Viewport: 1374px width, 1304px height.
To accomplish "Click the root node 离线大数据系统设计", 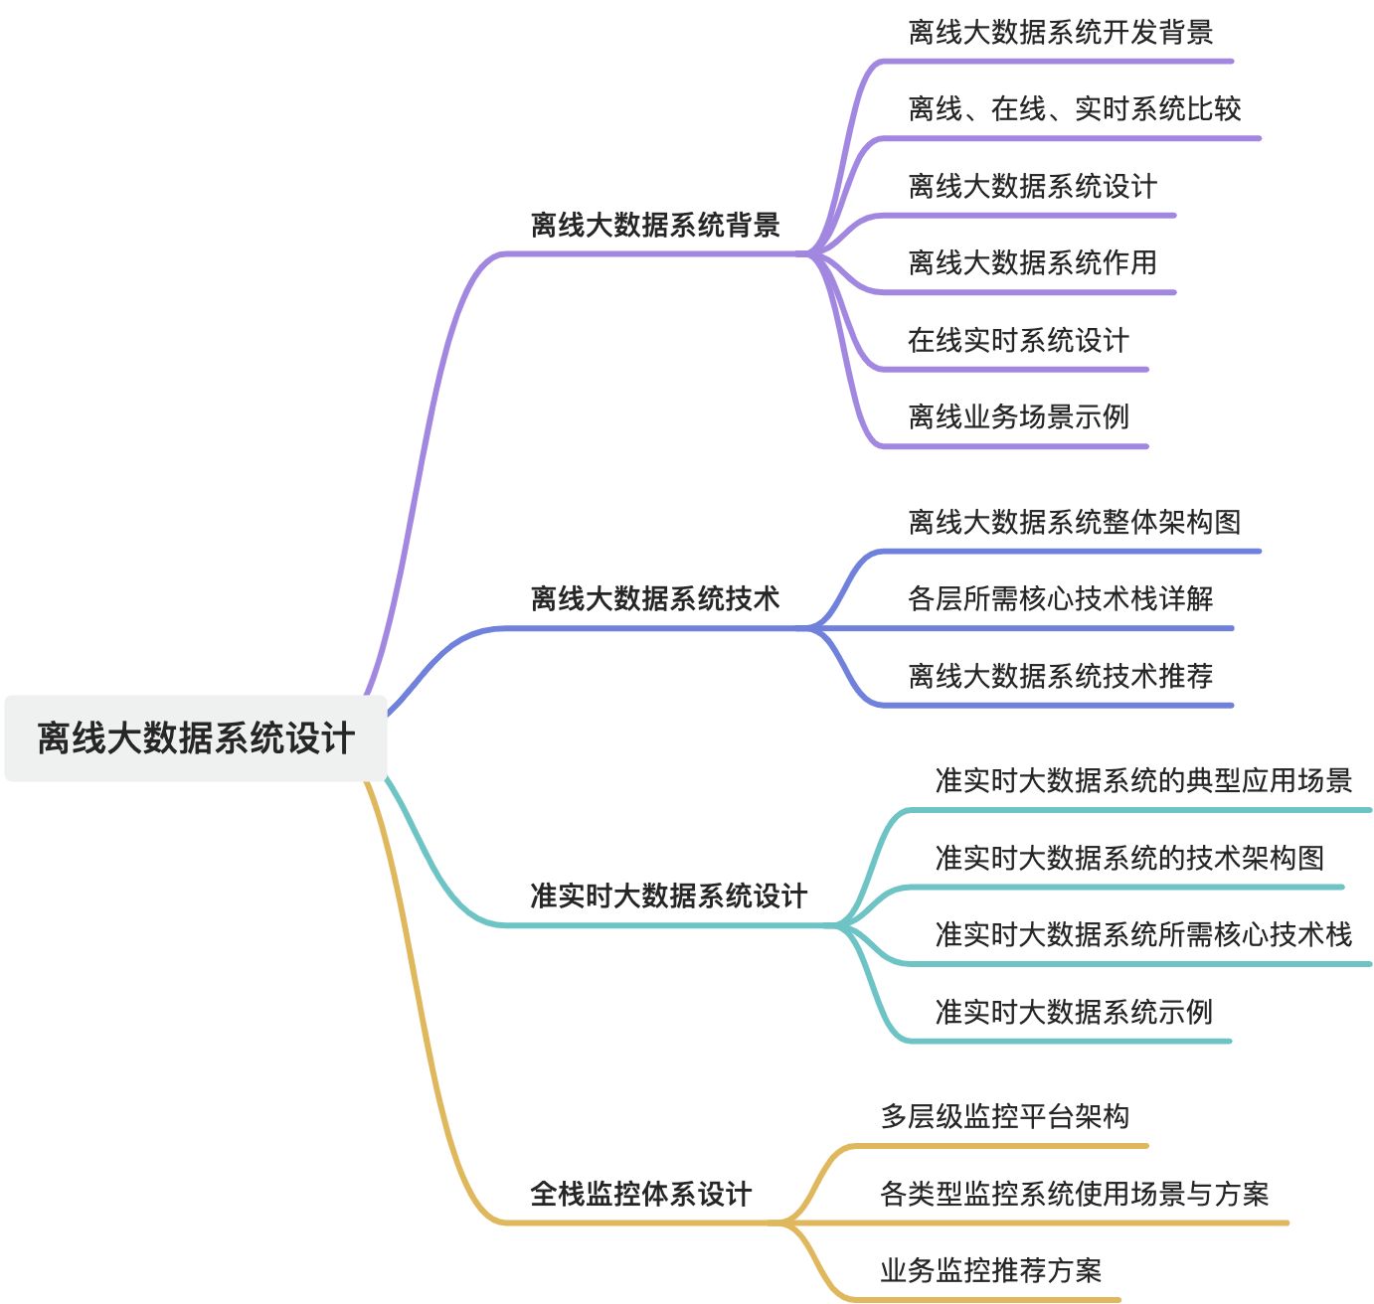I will [x=196, y=738].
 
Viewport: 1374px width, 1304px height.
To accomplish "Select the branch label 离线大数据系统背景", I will [x=655, y=225].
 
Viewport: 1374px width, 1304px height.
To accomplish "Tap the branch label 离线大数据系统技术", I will [x=655, y=598].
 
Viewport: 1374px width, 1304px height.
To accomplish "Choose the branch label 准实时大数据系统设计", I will [x=668, y=896].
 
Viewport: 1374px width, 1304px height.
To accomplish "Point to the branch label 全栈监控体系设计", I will [x=641, y=1193].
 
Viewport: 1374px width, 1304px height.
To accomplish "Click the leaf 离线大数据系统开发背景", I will [x=1060, y=32].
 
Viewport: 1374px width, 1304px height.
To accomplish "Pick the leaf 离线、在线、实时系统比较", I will [x=1074, y=108].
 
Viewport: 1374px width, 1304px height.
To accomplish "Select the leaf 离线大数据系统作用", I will [x=1032, y=262].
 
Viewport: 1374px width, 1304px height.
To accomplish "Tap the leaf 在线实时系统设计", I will [x=1018, y=340].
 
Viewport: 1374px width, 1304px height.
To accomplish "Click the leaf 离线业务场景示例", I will [x=1018, y=416].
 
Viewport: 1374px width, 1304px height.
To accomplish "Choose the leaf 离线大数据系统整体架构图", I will [x=1074, y=522].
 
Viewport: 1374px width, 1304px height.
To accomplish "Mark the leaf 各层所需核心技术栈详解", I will [x=1060, y=598].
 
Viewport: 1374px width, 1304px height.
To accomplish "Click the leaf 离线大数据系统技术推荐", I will [x=1060, y=676].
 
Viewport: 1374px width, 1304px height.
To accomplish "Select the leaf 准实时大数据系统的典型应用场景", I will [x=1143, y=780].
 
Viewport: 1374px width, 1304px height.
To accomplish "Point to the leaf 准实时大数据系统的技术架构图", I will [x=1129, y=858].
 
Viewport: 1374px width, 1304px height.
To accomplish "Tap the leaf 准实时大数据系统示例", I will [x=1074, y=1012].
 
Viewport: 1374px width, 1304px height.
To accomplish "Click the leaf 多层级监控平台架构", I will [x=1004, y=1116].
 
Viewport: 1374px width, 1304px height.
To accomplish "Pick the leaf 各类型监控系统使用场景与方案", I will [x=1074, y=1193].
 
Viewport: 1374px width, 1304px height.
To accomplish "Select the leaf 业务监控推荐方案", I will [x=990, y=1270].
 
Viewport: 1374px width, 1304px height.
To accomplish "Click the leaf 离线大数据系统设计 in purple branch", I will [x=1032, y=186].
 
